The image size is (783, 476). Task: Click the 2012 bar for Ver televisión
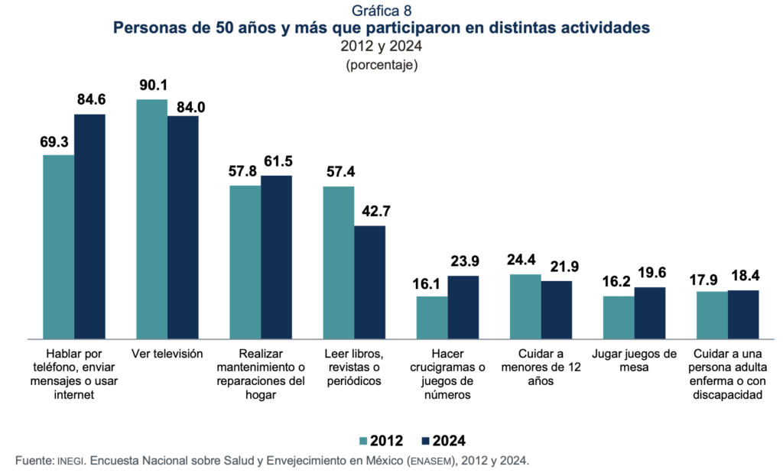click(x=151, y=219)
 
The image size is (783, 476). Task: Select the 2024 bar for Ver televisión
click(x=183, y=227)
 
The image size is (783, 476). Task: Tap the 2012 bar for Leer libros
click(x=339, y=262)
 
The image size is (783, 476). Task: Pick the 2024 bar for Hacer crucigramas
click(x=463, y=306)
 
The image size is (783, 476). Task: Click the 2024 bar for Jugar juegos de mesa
click(x=650, y=312)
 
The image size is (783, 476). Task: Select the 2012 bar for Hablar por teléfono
click(x=58, y=246)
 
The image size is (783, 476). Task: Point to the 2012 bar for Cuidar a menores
click(x=525, y=306)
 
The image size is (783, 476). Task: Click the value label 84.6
click(x=91, y=100)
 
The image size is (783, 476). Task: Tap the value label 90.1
click(x=153, y=85)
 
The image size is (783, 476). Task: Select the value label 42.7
click(x=371, y=212)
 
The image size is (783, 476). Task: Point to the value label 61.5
click(x=277, y=161)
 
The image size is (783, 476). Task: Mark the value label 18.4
click(x=744, y=276)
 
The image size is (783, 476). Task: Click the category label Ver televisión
click(x=167, y=354)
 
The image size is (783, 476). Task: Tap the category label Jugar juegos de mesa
click(x=634, y=360)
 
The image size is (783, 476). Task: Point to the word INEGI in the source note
click(x=72, y=461)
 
